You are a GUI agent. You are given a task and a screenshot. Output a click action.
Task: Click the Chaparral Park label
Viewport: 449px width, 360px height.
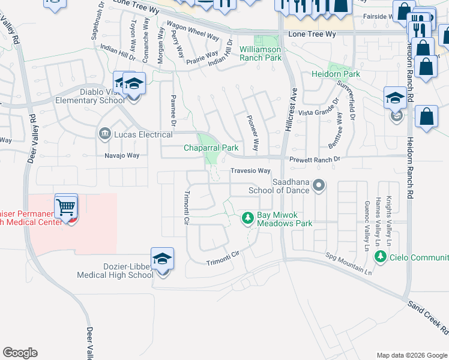coord(211,148)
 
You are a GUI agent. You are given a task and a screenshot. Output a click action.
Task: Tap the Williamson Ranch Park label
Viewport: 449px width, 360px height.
coord(260,53)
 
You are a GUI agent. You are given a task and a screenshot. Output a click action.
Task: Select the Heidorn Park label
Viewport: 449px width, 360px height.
coord(336,74)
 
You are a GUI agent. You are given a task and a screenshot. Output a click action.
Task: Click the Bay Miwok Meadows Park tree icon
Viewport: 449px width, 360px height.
coord(247,218)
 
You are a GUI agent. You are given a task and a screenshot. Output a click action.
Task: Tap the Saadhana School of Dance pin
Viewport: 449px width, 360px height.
coord(319,186)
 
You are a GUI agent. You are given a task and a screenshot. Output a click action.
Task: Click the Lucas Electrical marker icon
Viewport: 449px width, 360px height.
coord(105,133)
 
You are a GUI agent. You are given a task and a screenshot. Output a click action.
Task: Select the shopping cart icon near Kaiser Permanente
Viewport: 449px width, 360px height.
coord(66,208)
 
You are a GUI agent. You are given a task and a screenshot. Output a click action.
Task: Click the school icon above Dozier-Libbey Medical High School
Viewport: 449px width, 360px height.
coord(162,259)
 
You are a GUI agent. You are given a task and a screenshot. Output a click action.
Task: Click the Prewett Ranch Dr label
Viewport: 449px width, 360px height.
coord(315,160)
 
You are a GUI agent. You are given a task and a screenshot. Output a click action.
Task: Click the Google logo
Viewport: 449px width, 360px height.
coord(20,353)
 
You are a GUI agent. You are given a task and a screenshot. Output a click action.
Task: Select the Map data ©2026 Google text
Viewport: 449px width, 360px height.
coord(412,355)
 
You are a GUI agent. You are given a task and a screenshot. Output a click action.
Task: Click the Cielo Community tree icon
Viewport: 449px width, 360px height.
coord(379,257)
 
